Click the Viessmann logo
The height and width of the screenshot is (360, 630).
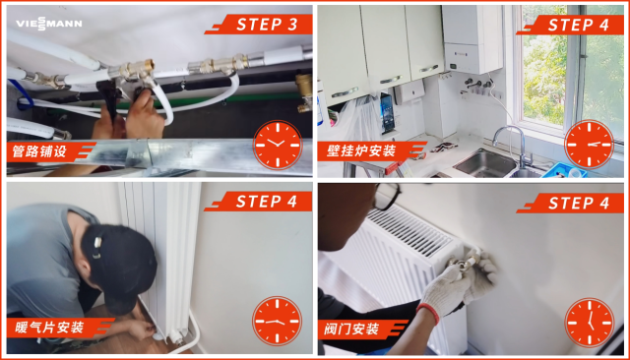click(x=49, y=24)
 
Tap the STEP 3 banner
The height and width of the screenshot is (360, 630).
click(x=259, y=25)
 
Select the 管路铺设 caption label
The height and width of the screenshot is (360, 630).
click(x=48, y=151)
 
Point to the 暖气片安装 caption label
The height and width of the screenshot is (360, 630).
click(x=58, y=328)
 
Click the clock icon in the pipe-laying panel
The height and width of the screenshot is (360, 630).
click(x=278, y=145)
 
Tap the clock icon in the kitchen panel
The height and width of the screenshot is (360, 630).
click(x=589, y=145)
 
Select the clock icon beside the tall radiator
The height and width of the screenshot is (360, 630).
click(x=278, y=321)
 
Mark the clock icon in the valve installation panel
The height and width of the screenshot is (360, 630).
click(x=589, y=323)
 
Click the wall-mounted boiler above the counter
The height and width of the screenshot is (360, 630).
click(x=472, y=39)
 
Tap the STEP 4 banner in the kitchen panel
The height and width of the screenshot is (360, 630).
click(x=571, y=25)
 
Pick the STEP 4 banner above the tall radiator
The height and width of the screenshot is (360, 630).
click(x=258, y=202)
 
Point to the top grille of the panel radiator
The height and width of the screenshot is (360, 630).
click(x=409, y=232)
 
